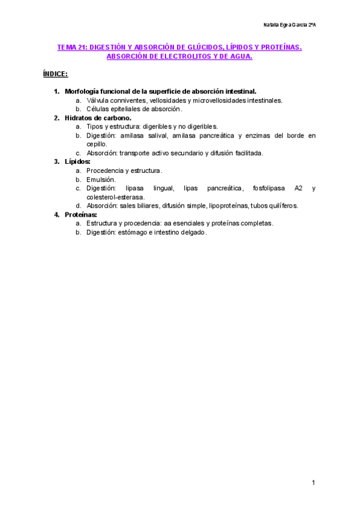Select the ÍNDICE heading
[x=55, y=74]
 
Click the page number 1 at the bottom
[x=313, y=483]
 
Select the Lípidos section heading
[x=77, y=161]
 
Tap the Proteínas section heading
[x=80, y=214]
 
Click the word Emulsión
[x=101, y=179]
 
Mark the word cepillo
[x=97, y=144]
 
